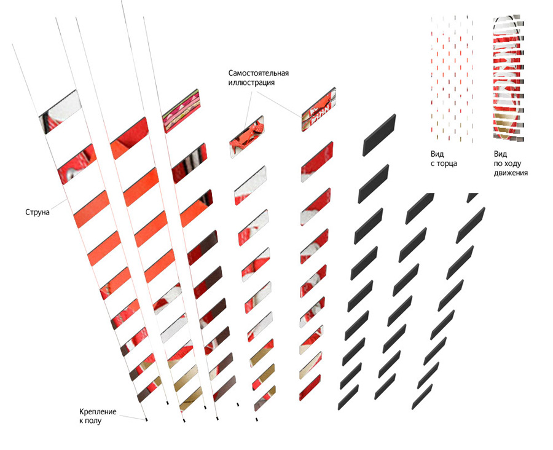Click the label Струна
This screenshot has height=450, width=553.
pyautogui.click(x=37, y=213)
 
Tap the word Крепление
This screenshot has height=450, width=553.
pyautogui.click(x=98, y=411)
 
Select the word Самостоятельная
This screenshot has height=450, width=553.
pyautogui.click(x=259, y=73)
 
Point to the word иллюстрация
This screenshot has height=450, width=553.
pyautogui.click(x=251, y=82)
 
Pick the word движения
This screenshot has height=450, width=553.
pyautogui.click(x=511, y=173)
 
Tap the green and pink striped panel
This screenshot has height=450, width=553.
pyautogui.click(x=181, y=111)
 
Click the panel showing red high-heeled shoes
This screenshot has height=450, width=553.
pyautogui.click(x=247, y=136)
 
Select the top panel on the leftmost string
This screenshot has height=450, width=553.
pyautogui.click(x=60, y=112)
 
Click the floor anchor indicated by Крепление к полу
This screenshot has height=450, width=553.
pyautogui.click(x=146, y=419)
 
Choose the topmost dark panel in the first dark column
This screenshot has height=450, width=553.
pyautogui.click(x=379, y=135)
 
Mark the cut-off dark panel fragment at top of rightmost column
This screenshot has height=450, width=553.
pyautogui.click(x=473, y=198)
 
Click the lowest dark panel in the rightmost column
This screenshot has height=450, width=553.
pyautogui.click(x=422, y=397)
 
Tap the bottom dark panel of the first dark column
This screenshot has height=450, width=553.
pyautogui.click(x=348, y=397)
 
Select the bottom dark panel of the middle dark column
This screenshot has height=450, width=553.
pyautogui.click(x=385, y=387)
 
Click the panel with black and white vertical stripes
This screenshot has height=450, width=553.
pyautogui.click(x=189, y=164)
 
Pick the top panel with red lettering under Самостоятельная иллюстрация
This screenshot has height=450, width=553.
pyautogui.click(x=318, y=109)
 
